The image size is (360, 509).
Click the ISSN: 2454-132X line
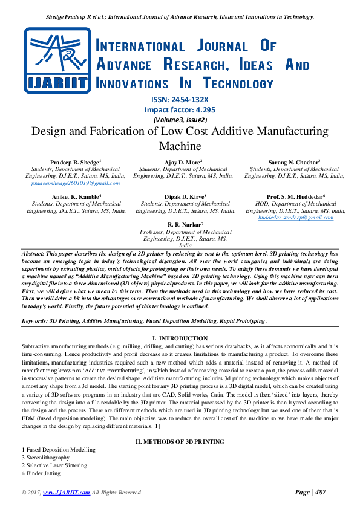tap(180, 100)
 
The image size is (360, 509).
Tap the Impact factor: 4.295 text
tap(180, 110)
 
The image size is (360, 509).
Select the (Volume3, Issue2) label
tap(180, 120)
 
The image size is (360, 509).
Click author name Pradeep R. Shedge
tap(75, 163)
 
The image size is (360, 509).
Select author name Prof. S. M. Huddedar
tap(296, 197)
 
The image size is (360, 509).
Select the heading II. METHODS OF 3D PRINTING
tap(180, 442)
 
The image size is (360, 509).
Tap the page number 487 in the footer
tap(318, 493)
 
